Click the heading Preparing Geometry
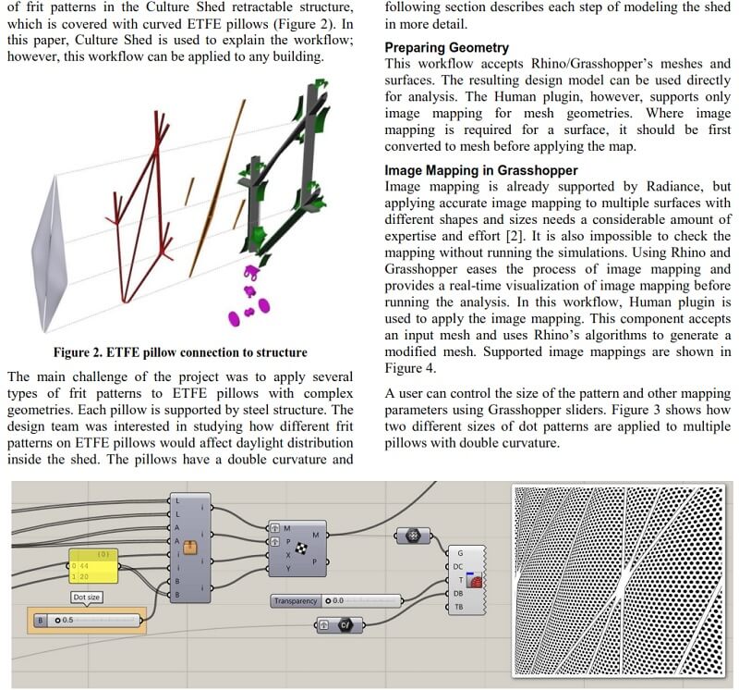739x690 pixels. tap(446, 47)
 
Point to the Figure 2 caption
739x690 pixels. tap(180, 352)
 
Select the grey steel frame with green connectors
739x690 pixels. tap(277, 185)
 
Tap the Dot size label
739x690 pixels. tap(87, 598)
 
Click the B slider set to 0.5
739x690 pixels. tap(87, 620)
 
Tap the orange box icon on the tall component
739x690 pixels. tap(191, 546)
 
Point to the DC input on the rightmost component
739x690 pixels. tap(458, 566)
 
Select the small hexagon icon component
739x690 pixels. tap(412, 536)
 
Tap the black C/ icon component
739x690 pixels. tap(343, 625)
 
